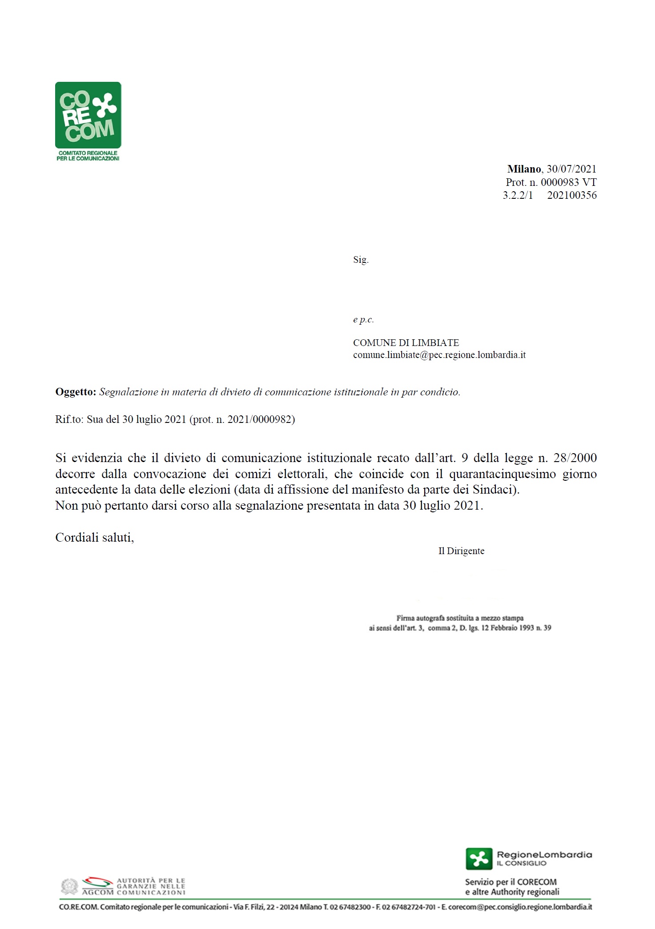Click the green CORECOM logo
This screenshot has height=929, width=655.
pos(88,115)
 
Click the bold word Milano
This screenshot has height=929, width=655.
pos(524,169)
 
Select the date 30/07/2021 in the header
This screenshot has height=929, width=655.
pos(571,169)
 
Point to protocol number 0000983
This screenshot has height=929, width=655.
pos(559,182)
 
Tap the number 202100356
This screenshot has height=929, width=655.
pos(572,195)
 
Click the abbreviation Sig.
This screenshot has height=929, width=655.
pos(361,260)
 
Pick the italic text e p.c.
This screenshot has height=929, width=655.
pos(363,319)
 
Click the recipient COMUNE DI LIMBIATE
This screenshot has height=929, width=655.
pos(406,343)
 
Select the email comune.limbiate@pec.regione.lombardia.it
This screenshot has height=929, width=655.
pos(439,355)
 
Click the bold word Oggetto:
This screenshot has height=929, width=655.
pos(76,392)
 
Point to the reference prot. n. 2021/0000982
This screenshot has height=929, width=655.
pos(242,419)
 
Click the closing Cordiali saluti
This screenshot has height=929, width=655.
pos(94,538)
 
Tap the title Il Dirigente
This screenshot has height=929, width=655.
pos(461,551)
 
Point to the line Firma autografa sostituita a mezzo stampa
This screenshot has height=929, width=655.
pos(460,618)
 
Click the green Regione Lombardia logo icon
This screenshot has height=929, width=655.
pos(479,858)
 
